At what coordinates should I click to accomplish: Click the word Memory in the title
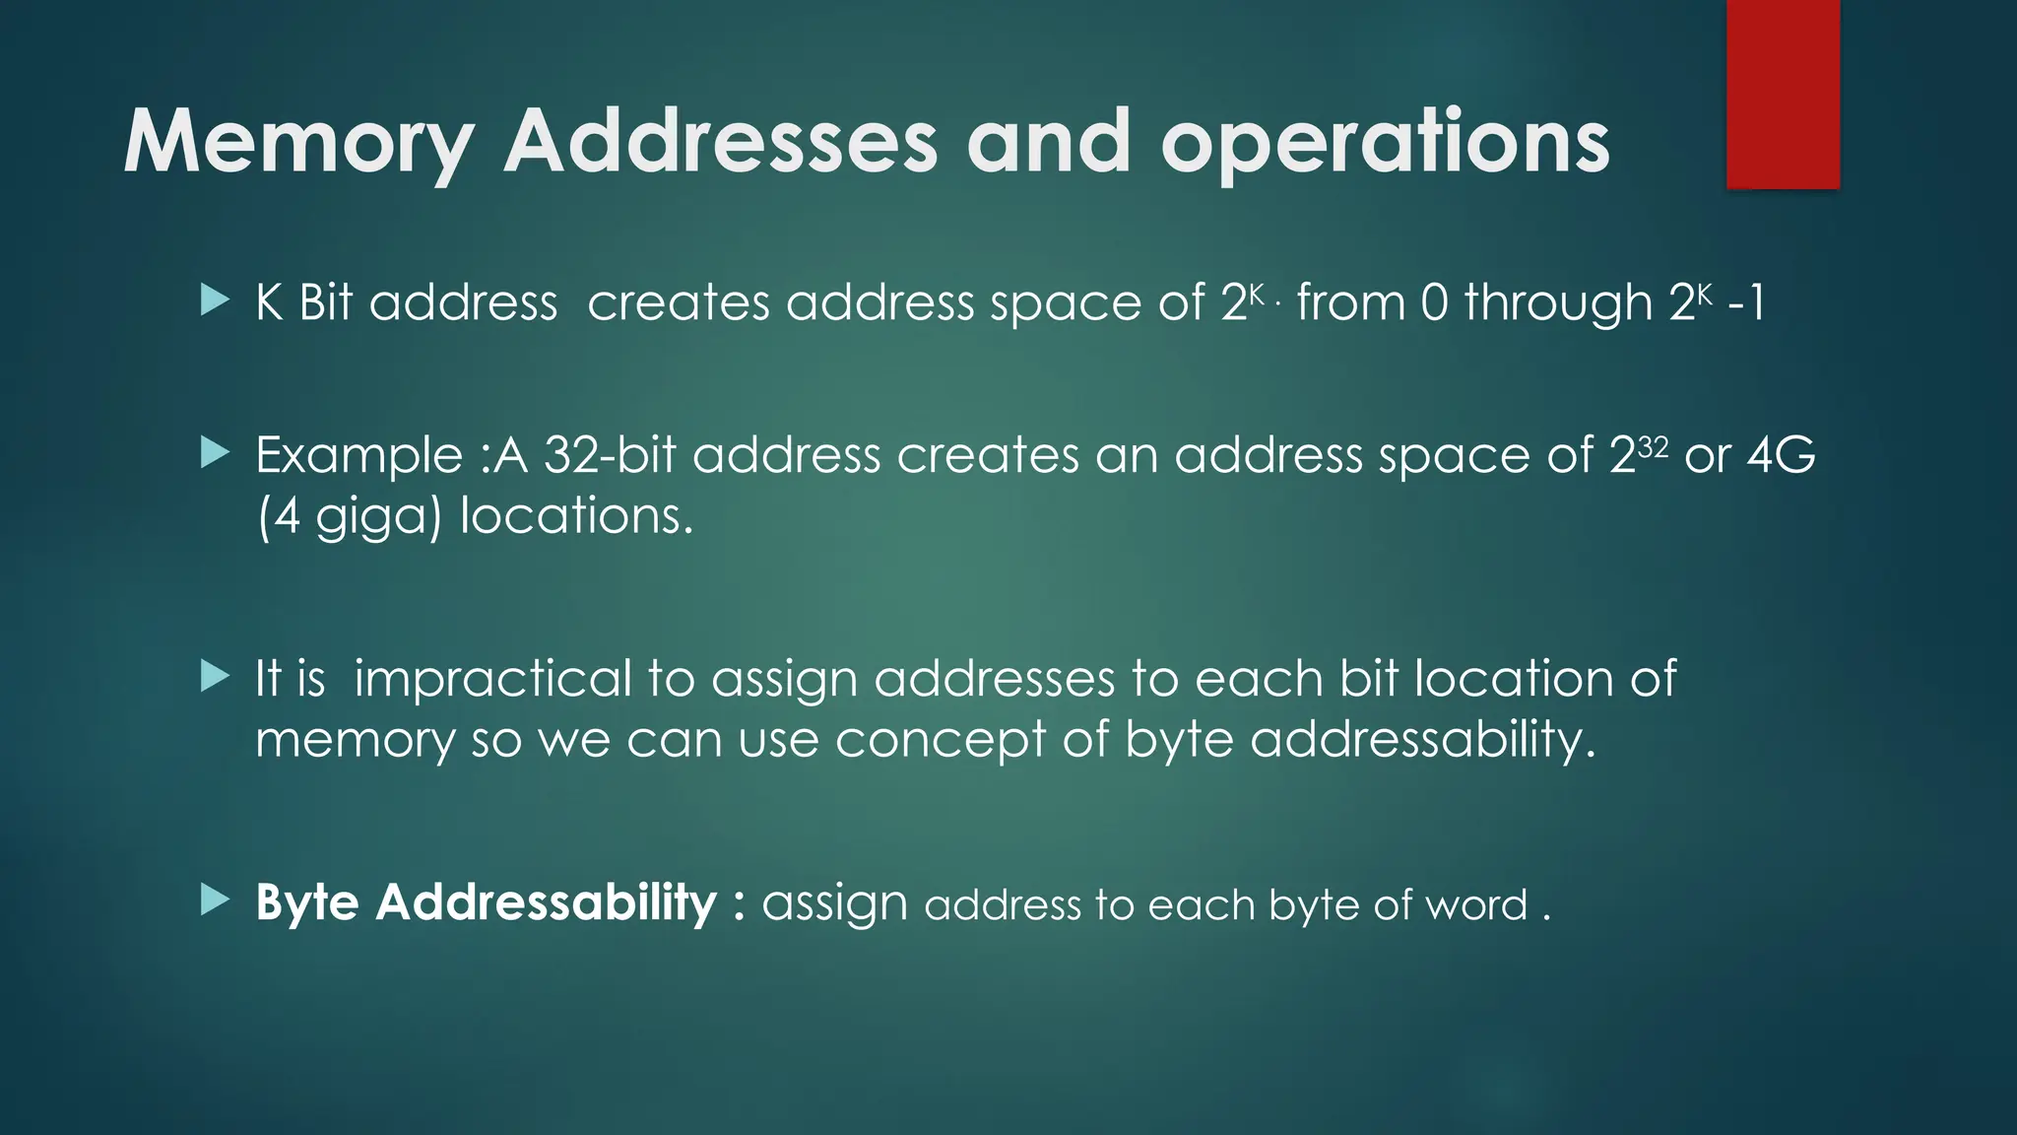tap(297, 143)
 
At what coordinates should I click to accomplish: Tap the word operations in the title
tap(1385, 143)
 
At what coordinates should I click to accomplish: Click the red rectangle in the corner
tap(1783, 94)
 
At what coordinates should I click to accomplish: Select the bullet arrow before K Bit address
tap(215, 300)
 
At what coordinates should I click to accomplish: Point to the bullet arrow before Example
tap(215, 453)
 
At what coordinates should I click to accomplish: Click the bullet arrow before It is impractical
tap(215, 677)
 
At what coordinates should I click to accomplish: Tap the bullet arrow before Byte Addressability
tap(215, 900)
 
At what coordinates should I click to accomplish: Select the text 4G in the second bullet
tap(1781, 455)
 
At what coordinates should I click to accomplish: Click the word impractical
tap(492, 680)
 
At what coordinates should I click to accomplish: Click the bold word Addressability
tap(546, 902)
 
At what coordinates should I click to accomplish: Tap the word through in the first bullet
tap(1558, 302)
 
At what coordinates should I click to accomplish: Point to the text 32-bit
tap(610, 455)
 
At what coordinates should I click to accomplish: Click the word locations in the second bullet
tap(576, 515)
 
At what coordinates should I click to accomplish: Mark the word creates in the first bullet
tap(679, 302)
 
